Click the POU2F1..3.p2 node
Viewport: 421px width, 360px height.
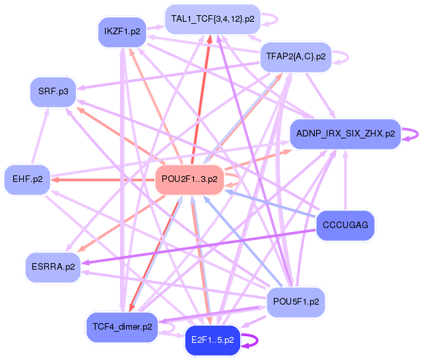click(190, 179)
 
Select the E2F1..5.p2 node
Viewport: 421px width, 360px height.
click(212, 340)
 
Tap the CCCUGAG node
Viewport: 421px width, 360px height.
click(345, 225)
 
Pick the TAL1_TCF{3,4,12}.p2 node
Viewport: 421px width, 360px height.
click(212, 18)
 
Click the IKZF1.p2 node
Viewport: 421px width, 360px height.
click(121, 32)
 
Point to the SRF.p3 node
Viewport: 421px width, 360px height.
click(53, 90)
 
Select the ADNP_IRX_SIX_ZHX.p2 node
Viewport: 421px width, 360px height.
click(345, 133)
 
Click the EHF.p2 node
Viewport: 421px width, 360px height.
click(27, 179)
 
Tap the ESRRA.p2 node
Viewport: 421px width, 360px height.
click(53, 266)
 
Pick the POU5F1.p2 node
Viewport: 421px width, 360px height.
click(296, 301)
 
